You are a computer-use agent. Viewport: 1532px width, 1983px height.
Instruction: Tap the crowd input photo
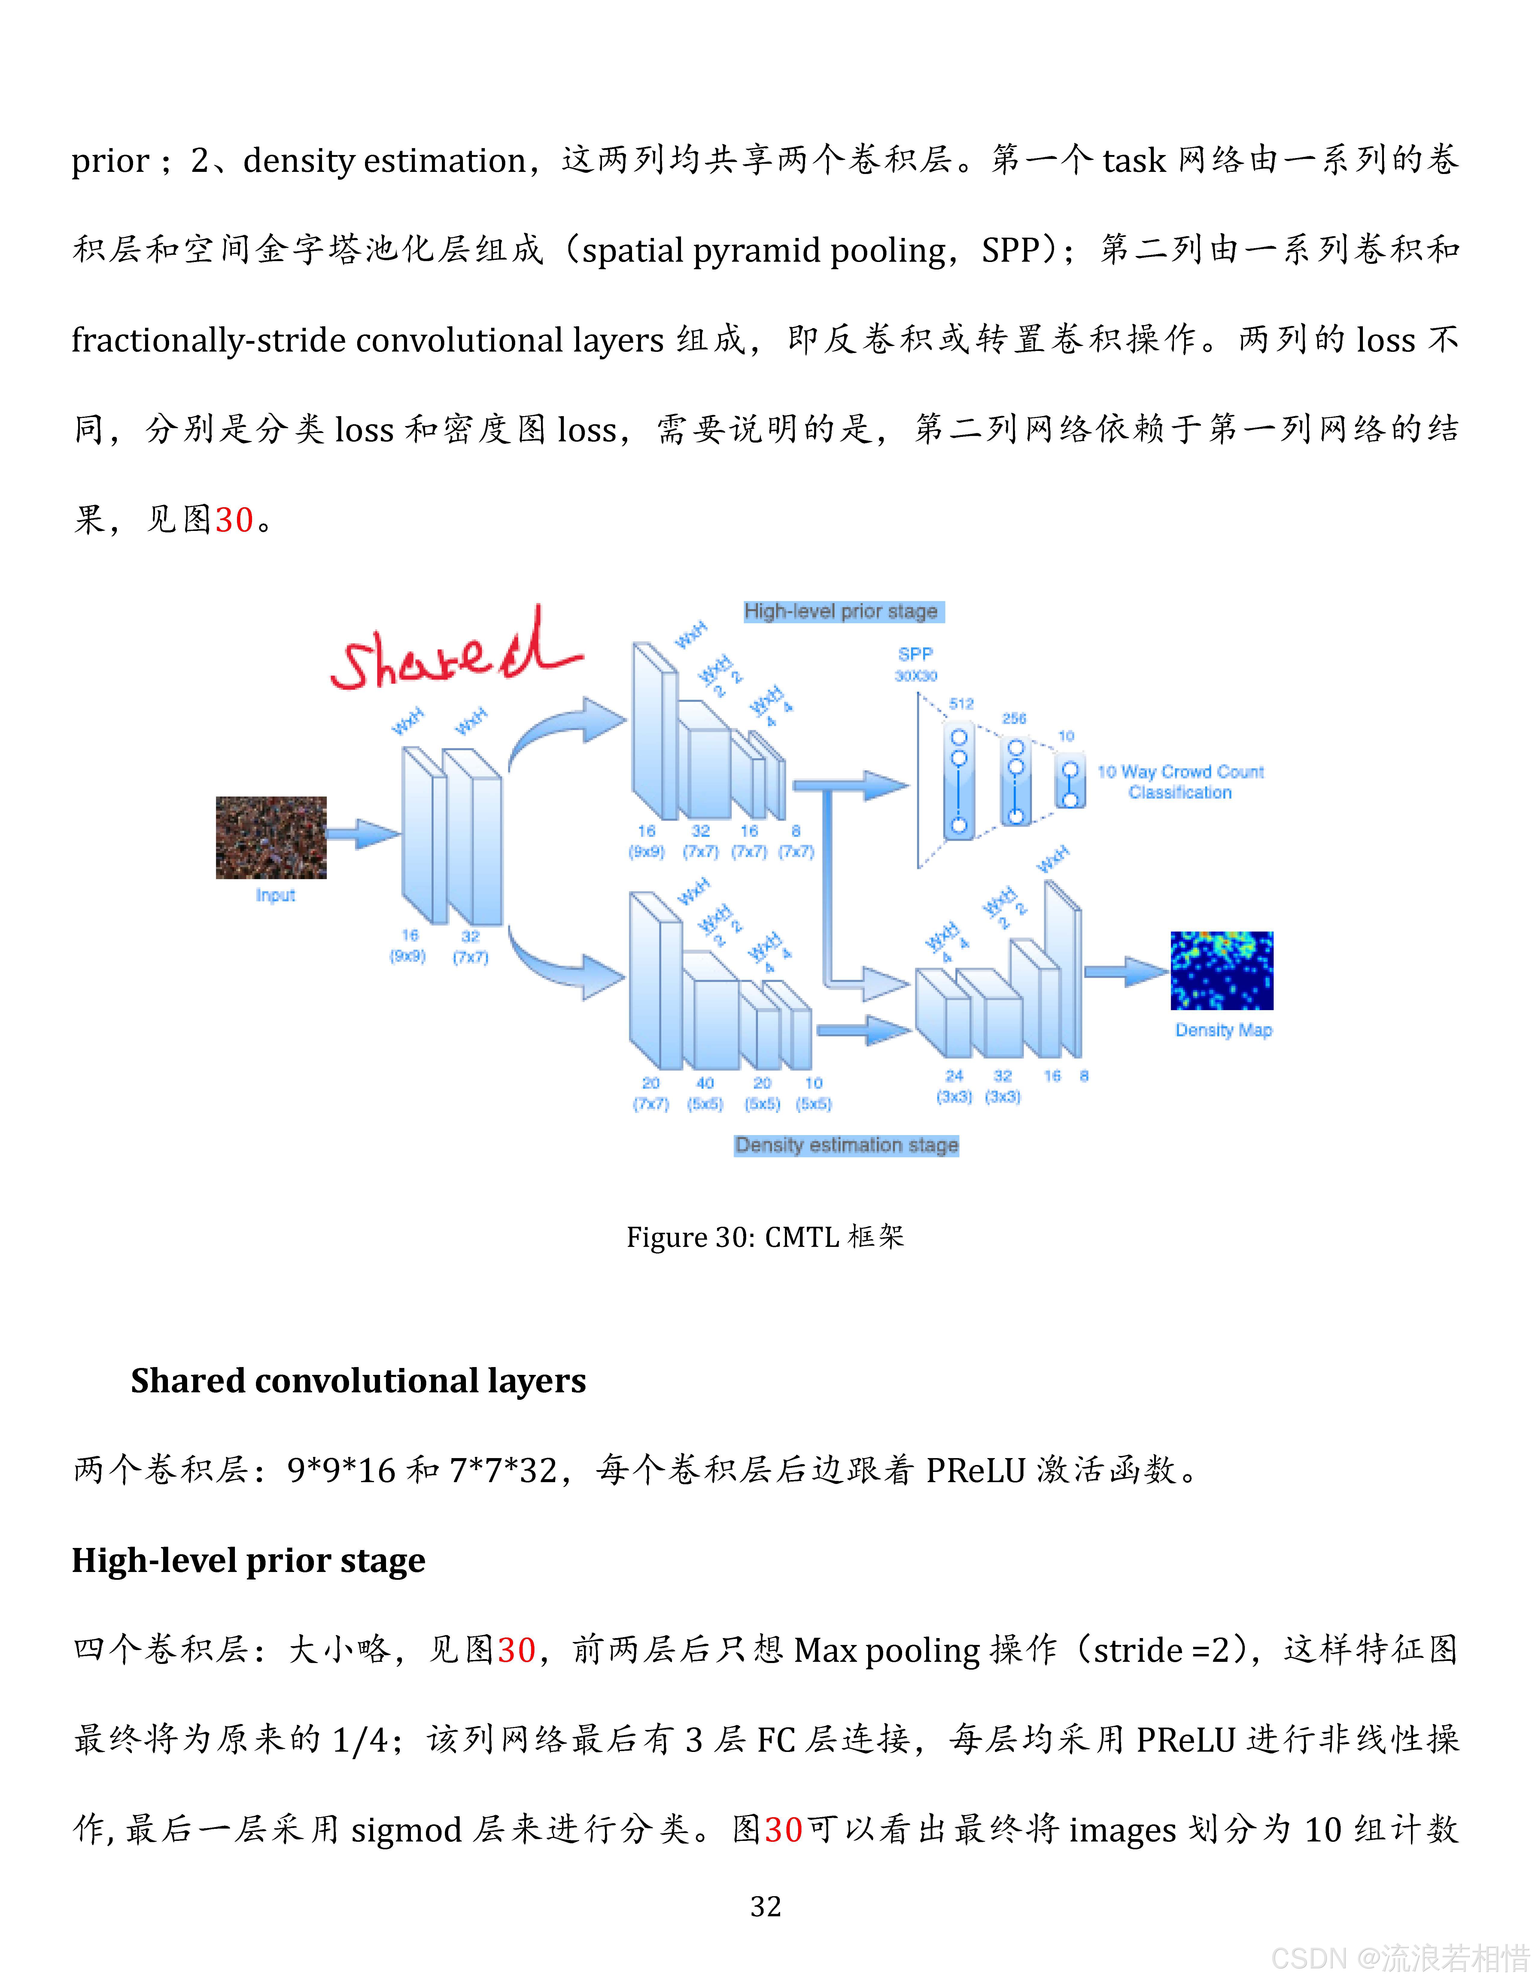[270, 837]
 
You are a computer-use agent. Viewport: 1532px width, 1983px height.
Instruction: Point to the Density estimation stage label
[846, 1145]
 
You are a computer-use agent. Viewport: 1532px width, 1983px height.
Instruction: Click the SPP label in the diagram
[915, 654]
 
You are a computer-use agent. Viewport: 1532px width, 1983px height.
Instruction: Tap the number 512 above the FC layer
[961, 704]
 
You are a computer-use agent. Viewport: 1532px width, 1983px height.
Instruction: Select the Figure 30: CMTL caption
[765, 1237]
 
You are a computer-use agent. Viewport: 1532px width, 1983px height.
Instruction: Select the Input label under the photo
[275, 895]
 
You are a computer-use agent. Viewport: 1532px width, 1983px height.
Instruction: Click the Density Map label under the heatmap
[1223, 1030]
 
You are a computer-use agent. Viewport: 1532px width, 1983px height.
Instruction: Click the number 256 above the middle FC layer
[1014, 718]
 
